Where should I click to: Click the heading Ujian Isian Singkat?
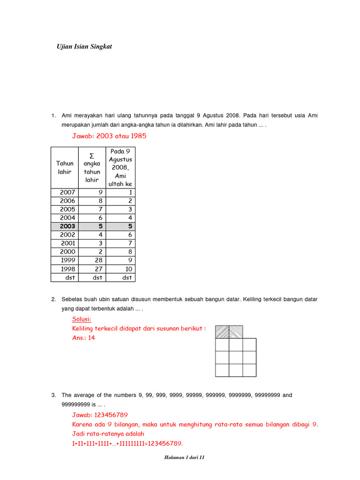coord(84,47)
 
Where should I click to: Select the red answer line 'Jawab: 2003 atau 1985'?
coord(109,136)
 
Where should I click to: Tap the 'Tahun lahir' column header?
coord(65,167)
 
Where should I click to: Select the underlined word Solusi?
coord(82,320)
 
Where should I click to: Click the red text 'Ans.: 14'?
coord(83,337)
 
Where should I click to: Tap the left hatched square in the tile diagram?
coord(222,332)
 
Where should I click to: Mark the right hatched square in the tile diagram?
coord(236,332)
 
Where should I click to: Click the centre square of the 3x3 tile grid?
coord(236,358)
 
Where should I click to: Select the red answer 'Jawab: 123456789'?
coord(99,415)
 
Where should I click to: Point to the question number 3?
coord(53,395)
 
